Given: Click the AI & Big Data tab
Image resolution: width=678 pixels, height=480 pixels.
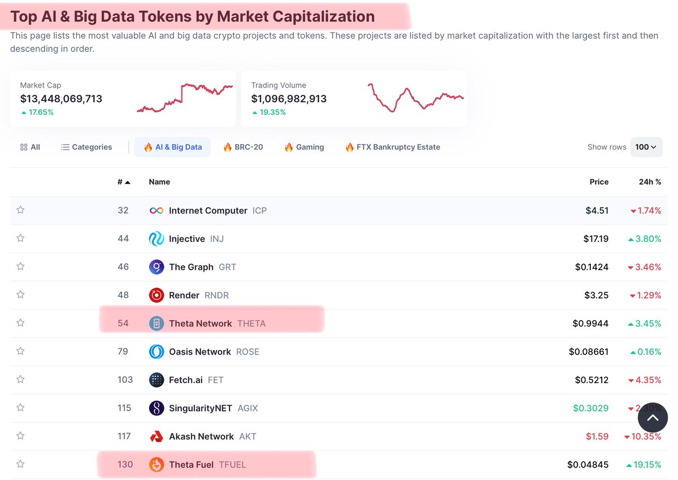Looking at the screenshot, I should [x=172, y=147].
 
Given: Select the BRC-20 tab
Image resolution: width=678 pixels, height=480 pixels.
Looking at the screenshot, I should [x=243, y=147].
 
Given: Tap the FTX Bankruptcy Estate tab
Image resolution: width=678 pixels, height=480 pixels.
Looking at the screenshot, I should [x=393, y=147].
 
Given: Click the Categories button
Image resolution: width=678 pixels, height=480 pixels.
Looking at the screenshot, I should [x=86, y=147].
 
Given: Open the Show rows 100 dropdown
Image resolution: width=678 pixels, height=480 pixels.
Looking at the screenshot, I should [x=646, y=147].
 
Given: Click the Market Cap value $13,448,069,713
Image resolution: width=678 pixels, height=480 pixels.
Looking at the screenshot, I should [x=61, y=99].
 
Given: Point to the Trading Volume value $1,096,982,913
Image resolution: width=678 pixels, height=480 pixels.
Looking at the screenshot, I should [x=289, y=99].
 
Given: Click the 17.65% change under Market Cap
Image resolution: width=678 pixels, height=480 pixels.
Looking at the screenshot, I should [x=37, y=112].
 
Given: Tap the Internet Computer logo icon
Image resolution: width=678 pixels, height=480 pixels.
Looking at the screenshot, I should [x=157, y=211].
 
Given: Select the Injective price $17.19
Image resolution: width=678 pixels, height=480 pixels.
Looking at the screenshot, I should [x=596, y=239].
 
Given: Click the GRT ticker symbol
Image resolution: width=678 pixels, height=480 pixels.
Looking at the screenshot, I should [x=227, y=267].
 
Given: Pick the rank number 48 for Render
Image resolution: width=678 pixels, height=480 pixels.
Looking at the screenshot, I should [x=123, y=295].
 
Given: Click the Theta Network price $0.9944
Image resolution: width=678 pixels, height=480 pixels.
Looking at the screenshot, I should [x=590, y=324].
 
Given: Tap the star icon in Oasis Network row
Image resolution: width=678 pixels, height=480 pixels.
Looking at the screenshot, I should [x=20, y=351].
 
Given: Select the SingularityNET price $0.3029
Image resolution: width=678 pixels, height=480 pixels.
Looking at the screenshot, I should [x=590, y=408].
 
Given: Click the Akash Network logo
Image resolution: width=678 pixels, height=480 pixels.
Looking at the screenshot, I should [x=157, y=437].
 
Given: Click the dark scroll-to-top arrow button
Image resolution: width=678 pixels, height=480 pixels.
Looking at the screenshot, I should [x=653, y=418].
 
